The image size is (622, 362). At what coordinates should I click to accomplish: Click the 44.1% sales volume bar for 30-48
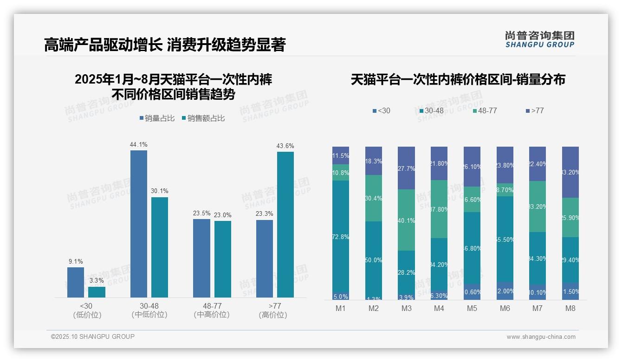138,224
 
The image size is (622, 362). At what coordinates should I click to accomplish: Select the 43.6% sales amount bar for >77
285,225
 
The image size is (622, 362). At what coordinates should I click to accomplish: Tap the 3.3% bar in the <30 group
97,292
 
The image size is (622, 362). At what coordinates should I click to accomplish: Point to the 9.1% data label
75,261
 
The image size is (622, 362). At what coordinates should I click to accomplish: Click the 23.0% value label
222,215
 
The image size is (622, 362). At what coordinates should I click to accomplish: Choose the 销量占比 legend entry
157,118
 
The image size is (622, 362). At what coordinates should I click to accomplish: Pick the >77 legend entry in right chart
534,111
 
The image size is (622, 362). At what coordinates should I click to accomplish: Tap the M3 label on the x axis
406,308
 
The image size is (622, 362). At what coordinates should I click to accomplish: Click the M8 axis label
570,308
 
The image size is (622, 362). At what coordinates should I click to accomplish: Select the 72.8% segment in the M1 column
341,237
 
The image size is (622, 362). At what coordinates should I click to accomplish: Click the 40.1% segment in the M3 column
406,220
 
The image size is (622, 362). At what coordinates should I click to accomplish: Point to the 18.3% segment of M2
373,161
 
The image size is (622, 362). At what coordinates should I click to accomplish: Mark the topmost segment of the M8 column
570,172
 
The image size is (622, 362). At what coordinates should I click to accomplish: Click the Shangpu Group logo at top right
539,39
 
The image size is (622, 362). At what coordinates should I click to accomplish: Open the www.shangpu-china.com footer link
541,337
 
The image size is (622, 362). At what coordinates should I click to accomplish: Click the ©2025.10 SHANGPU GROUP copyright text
93,336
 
